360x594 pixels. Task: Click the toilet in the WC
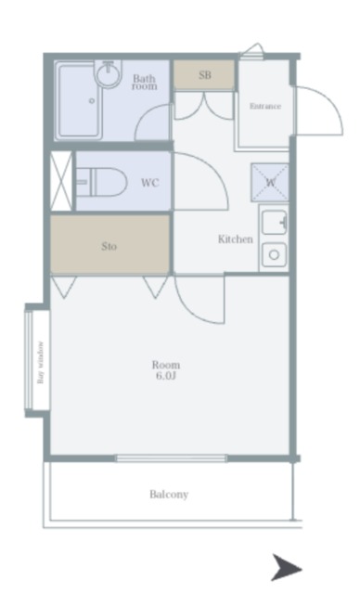[101, 182]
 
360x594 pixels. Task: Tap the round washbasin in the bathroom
[109, 73]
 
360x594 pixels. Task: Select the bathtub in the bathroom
[80, 101]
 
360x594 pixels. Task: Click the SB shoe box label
[205, 75]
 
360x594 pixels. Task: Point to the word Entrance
[265, 107]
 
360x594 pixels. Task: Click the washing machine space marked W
[270, 183]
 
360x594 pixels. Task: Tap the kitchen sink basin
[275, 223]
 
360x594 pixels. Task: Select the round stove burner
[274, 255]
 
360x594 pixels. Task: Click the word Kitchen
[235, 239]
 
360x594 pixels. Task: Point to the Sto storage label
[109, 247]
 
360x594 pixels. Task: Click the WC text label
[150, 183]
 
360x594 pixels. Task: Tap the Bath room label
[144, 83]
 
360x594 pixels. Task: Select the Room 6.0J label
[166, 370]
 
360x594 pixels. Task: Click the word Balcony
[169, 495]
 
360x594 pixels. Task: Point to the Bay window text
[41, 363]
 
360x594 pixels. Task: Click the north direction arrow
[287, 568]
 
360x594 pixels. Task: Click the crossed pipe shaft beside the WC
[61, 181]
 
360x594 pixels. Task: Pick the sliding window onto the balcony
[171, 458]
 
